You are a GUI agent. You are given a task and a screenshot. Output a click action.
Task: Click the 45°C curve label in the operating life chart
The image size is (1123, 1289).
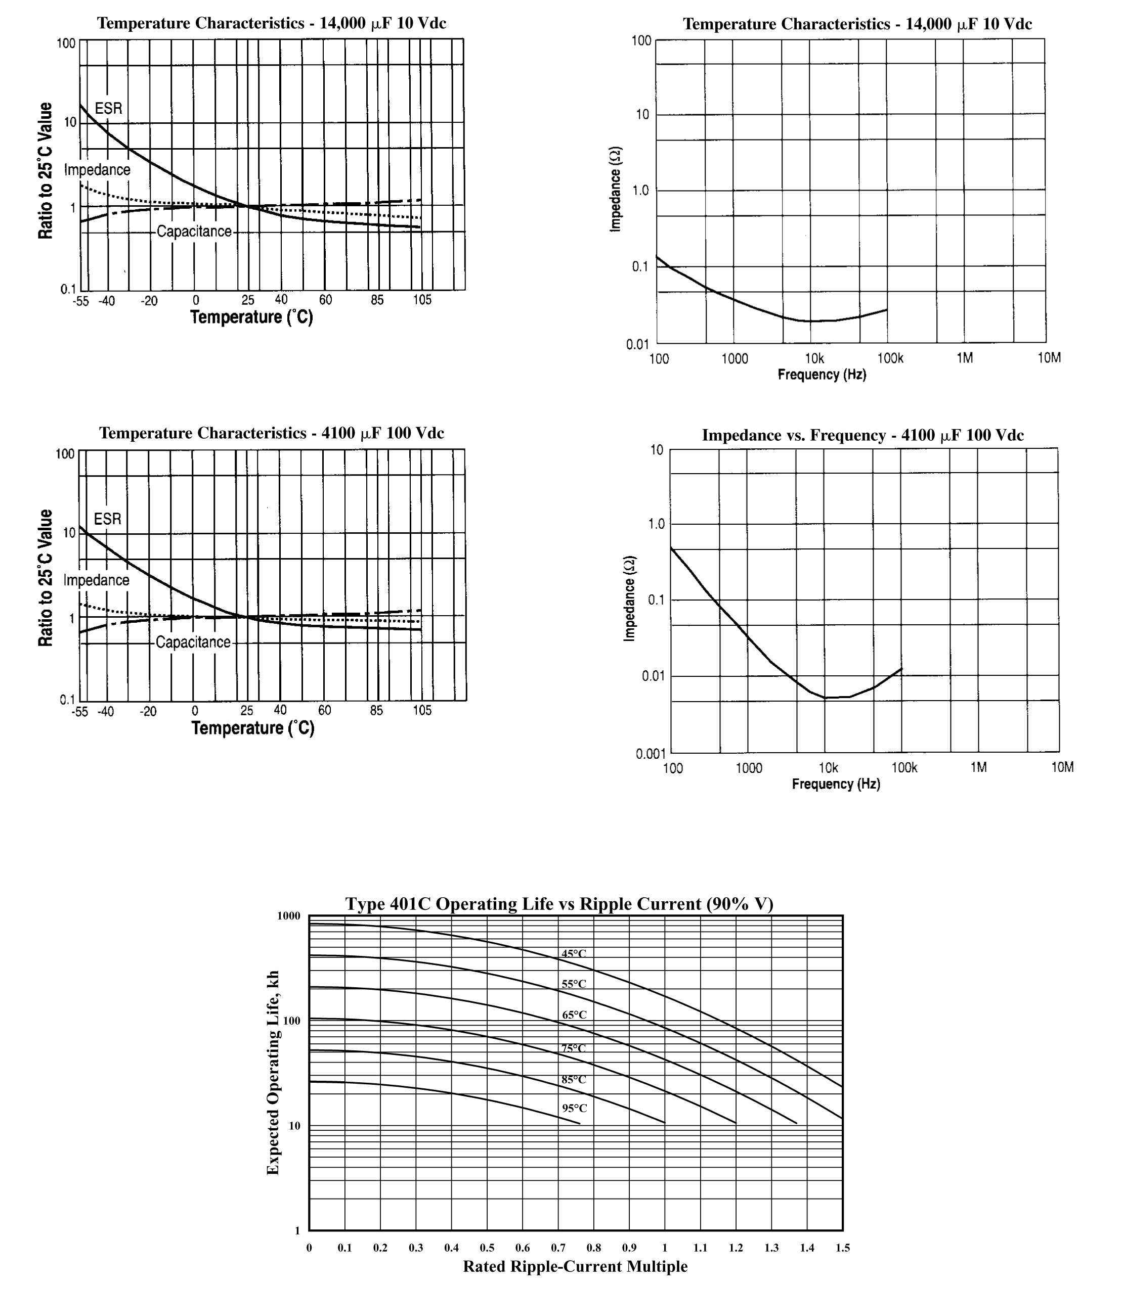coord(574,954)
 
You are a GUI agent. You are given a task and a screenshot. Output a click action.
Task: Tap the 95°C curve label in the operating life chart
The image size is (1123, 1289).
coord(574,1108)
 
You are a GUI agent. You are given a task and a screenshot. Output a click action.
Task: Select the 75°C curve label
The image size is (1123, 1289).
coord(574,1048)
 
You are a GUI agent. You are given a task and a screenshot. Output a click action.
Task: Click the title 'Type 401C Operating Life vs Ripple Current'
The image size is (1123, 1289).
coord(559,904)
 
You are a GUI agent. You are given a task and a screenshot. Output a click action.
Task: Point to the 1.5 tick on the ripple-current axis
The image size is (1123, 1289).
coord(842,1248)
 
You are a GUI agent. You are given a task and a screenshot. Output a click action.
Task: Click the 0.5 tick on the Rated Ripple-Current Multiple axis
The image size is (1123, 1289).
coord(487,1248)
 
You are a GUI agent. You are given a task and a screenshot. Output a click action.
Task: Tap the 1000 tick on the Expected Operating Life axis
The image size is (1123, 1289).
coord(288,916)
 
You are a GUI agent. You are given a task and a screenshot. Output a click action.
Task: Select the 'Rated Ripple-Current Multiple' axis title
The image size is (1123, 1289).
coord(575,1266)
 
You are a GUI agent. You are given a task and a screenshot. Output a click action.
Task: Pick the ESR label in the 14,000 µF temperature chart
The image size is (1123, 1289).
coord(108,108)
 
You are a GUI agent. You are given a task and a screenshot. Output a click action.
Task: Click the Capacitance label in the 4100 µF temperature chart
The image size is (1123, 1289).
coord(193,642)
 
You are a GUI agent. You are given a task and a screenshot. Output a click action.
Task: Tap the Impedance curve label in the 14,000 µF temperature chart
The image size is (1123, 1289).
coord(97,170)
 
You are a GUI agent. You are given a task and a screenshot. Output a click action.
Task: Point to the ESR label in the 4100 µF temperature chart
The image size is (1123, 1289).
coord(107,519)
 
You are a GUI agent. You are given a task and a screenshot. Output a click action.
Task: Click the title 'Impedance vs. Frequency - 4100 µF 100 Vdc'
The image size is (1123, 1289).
coord(862,435)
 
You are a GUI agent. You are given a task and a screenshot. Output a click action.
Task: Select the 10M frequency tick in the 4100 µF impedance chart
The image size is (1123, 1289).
coord(1062,767)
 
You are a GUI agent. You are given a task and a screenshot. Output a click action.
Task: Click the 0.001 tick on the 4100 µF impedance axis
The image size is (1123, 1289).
coord(651,754)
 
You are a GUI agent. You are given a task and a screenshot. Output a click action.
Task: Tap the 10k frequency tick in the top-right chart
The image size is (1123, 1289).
coord(814,358)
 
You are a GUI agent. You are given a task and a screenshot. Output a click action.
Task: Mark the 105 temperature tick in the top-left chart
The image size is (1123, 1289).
coord(422,300)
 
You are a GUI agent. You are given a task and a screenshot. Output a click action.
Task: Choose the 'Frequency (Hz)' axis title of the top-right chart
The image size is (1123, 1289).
coord(822,375)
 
